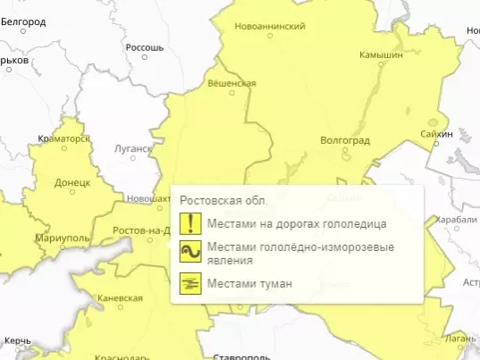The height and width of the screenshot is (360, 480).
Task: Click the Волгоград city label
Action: pyautogui.click(x=344, y=140)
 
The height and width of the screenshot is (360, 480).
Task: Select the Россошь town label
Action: pyautogui.click(x=146, y=46)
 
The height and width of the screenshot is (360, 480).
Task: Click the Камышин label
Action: pyautogui.click(x=381, y=54)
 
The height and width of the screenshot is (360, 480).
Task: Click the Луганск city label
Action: pyautogui.click(x=135, y=150)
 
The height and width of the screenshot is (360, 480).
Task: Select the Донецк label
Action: pyautogui.click(x=72, y=182)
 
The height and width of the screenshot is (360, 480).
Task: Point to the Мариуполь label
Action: pyautogui.click(x=63, y=239)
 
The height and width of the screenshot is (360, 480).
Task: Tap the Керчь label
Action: pyautogui.click(x=18, y=341)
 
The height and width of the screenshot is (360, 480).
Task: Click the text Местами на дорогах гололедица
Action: pyautogui.click(x=296, y=223)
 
